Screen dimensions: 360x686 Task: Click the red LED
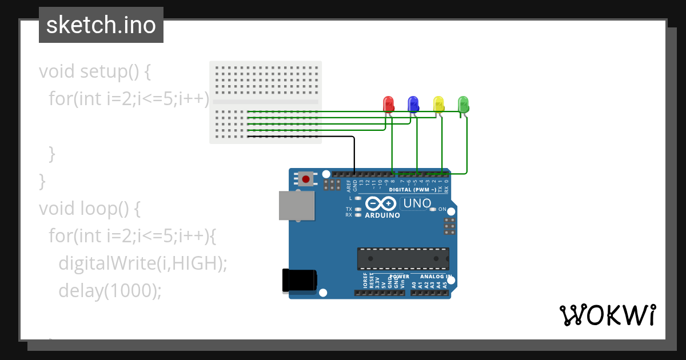click(388, 104)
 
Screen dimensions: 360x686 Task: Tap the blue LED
click(413, 104)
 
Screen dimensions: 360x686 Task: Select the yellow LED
click(438, 104)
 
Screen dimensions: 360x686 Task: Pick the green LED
click(464, 104)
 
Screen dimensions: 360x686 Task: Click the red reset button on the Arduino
click(306, 179)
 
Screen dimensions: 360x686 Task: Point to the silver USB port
click(296, 206)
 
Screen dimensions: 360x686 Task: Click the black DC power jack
click(300, 281)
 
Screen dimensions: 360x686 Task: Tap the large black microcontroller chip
click(403, 258)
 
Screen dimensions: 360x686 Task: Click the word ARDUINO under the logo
click(382, 215)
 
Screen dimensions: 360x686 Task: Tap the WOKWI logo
click(607, 315)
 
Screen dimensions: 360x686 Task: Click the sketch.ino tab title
click(101, 25)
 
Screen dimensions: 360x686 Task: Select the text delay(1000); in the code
click(110, 290)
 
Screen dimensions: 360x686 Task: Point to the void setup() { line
click(94, 71)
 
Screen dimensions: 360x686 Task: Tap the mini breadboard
click(265, 102)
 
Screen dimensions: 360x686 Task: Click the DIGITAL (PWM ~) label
click(413, 189)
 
